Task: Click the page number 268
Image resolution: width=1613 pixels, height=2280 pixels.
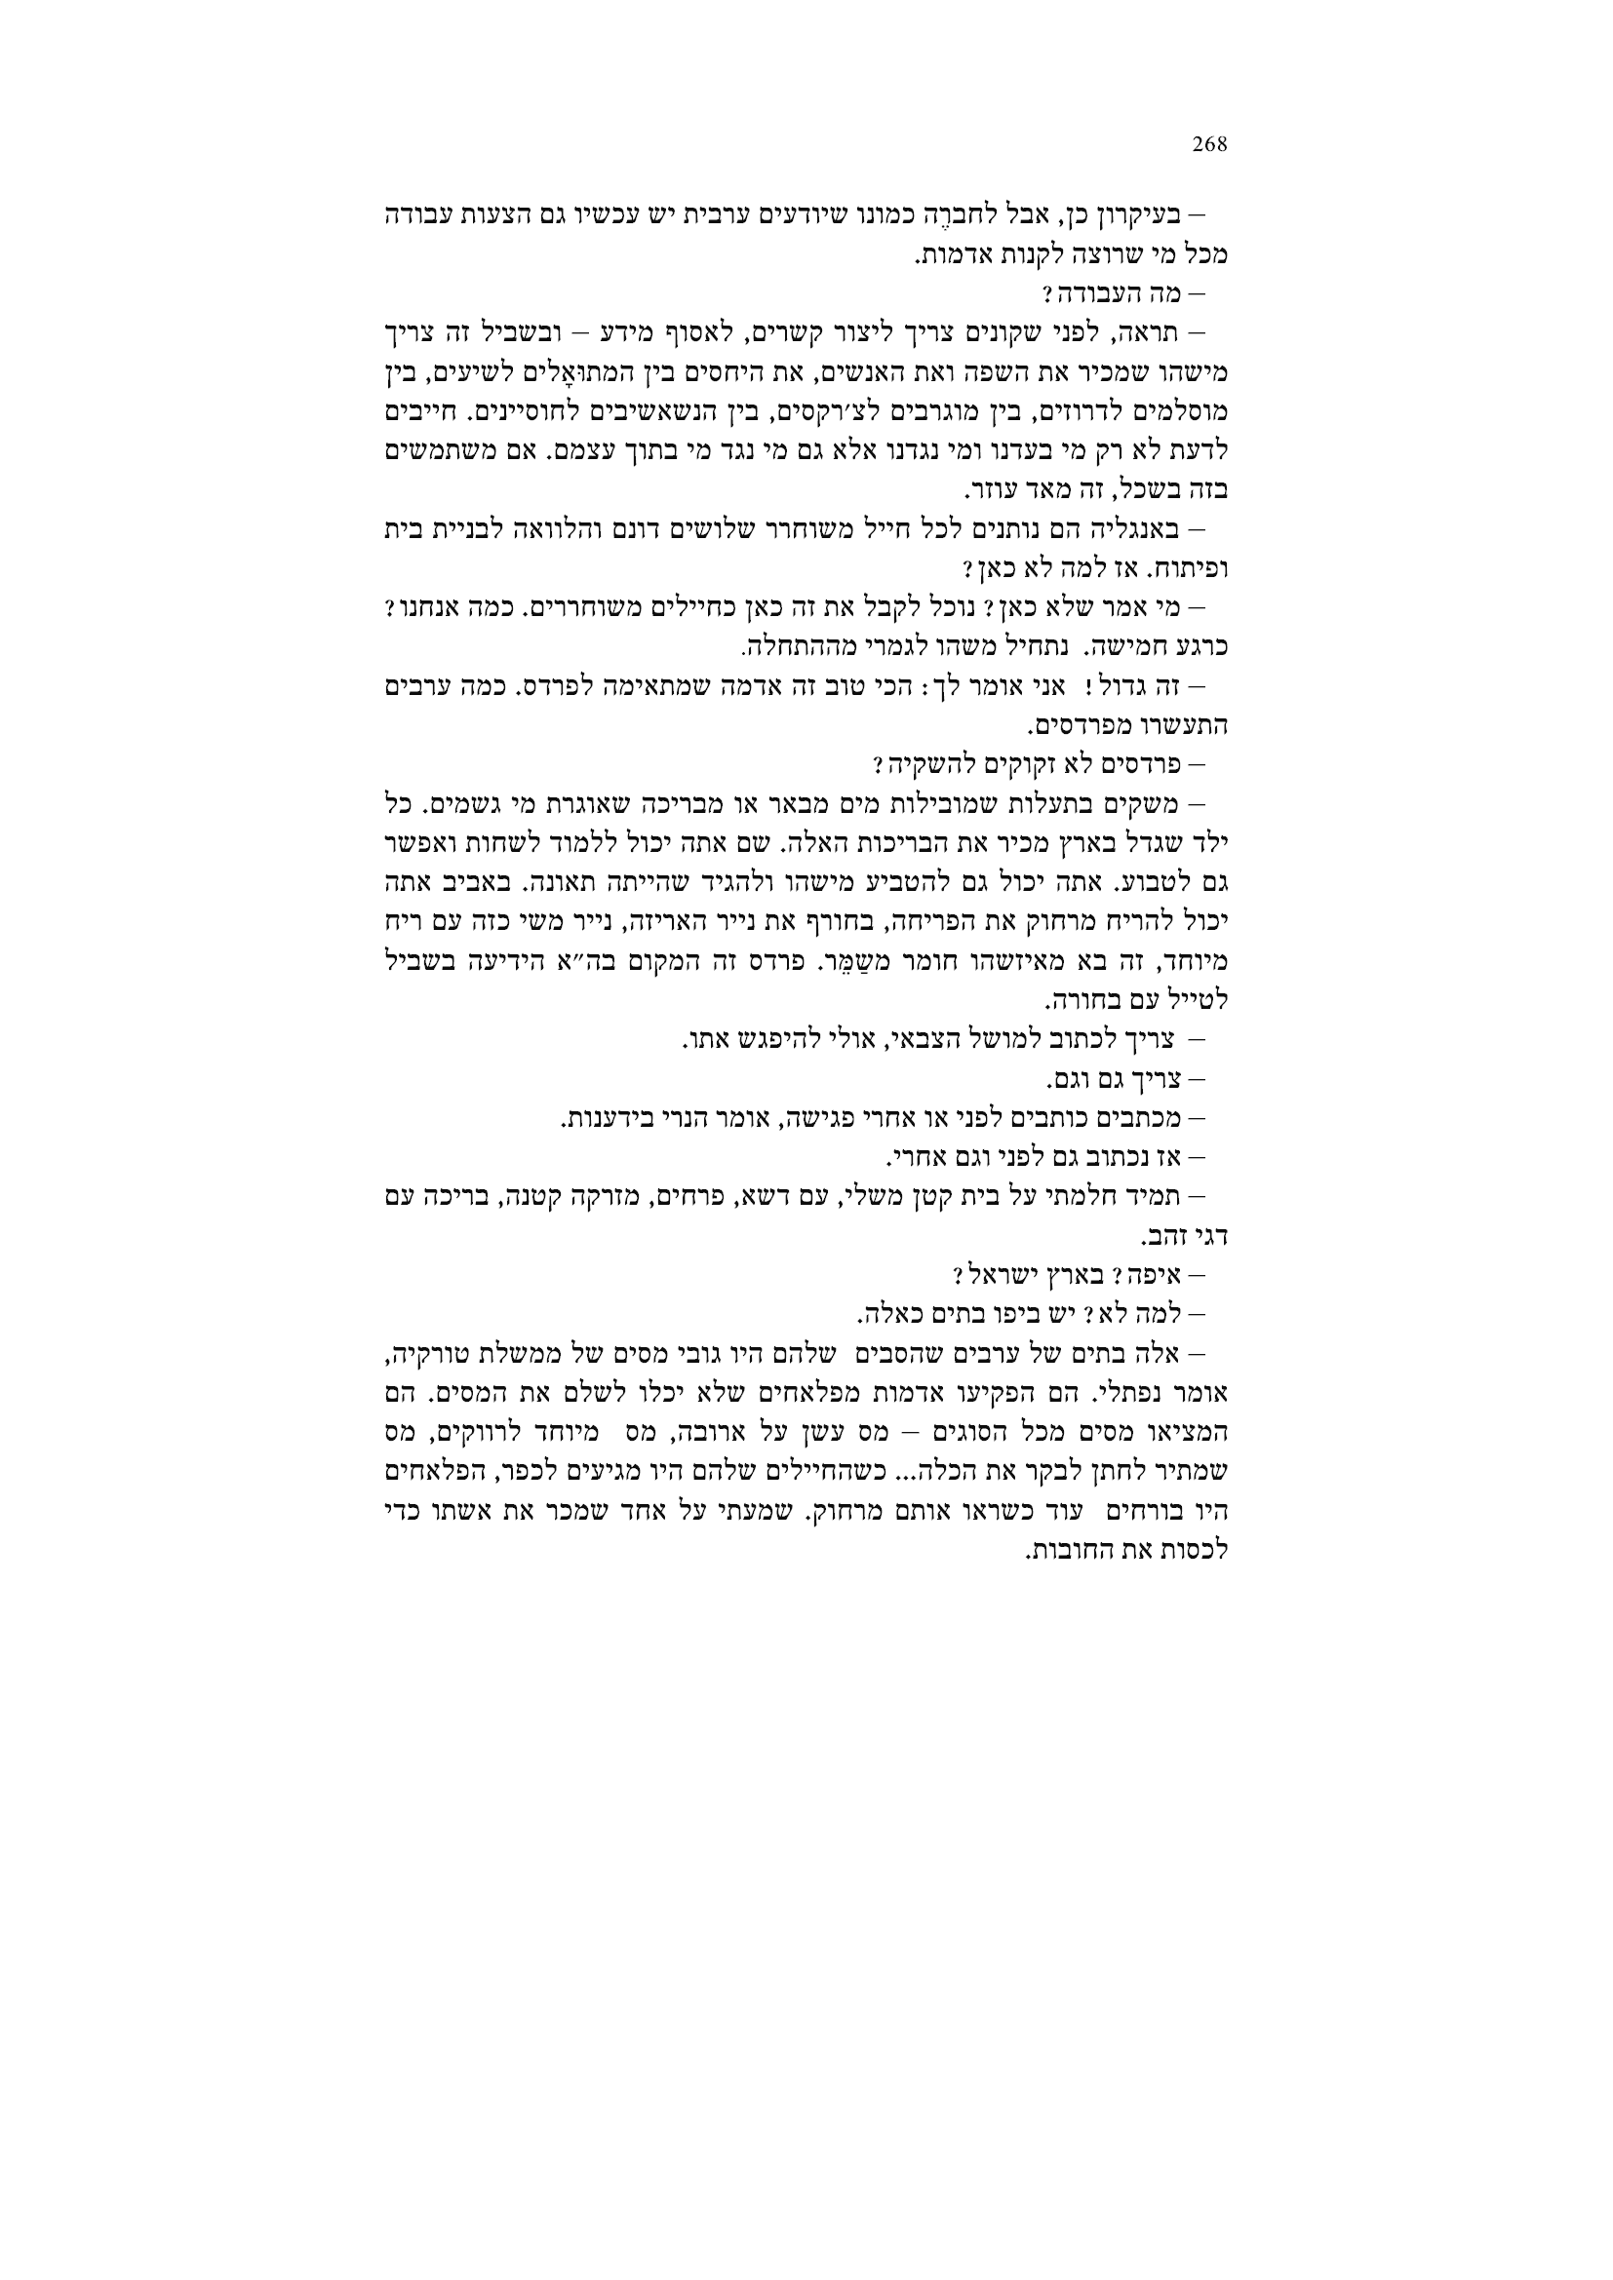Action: click(x=1209, y=145)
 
